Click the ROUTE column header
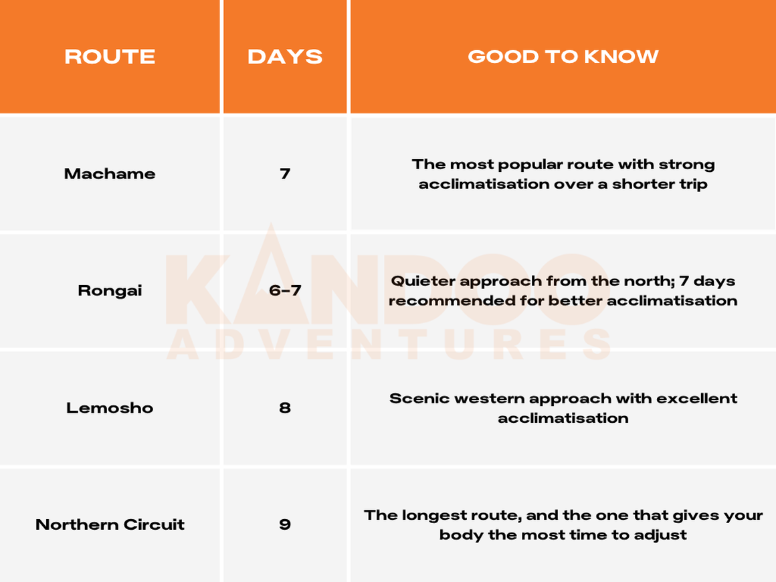pos(110,56)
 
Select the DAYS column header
pos(285,56)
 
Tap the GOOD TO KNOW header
pos(563,56)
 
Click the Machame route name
pos(110,174)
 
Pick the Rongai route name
pos(110,290)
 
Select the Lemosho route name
pos(110,408)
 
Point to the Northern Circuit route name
pos(110,524)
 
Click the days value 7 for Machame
pos(285,174)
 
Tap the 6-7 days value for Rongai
pos(285,290)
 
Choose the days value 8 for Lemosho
pos(285,408)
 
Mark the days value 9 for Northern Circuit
pos(285,524)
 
